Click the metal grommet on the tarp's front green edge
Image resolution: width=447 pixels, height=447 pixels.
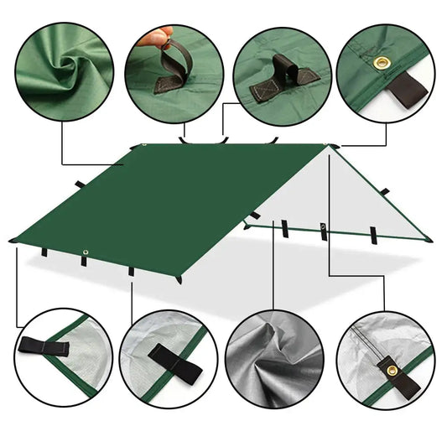(85, 253)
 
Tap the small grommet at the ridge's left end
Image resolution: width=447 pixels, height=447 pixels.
(143, 147)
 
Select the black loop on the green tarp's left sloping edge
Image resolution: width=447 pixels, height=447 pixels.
(80, 185)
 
